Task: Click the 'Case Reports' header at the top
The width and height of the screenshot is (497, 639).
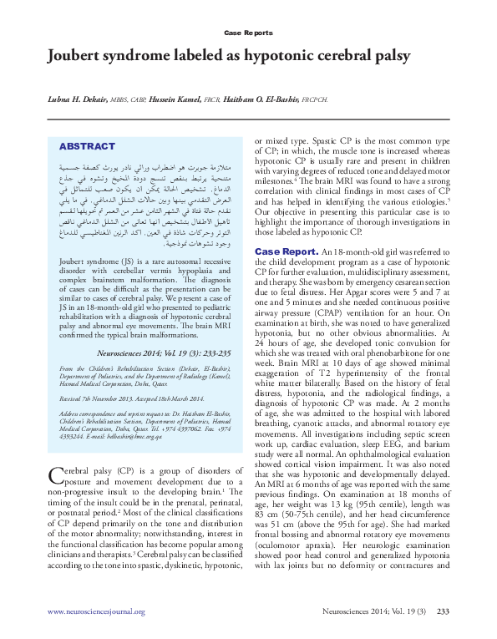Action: point(248,33)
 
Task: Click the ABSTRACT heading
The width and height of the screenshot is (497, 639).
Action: point(87,145)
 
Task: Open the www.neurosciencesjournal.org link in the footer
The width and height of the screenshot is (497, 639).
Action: point(96,611)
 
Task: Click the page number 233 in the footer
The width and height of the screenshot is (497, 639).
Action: point(443,611)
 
